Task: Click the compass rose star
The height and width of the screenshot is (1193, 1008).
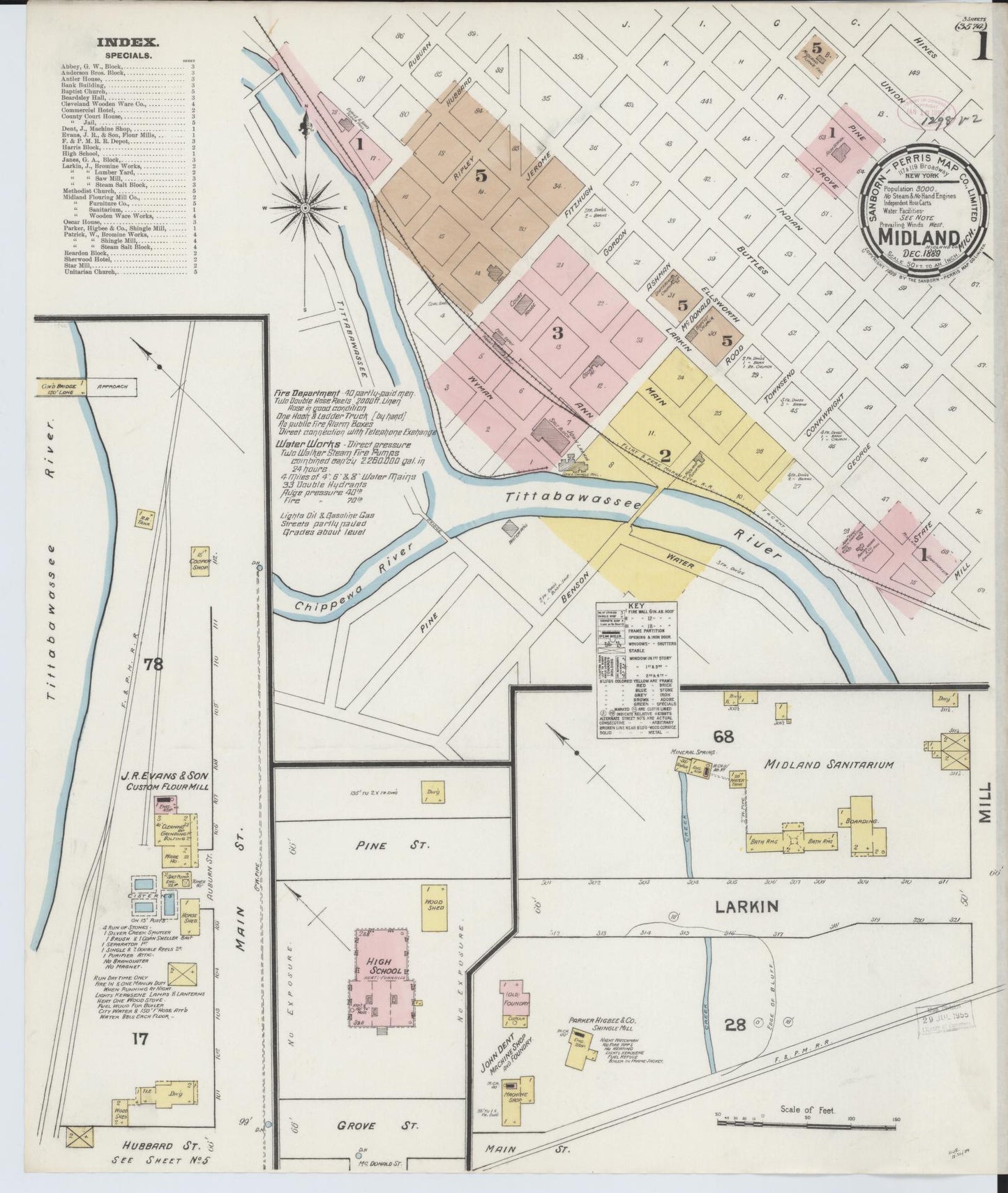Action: click(x=308, y=207)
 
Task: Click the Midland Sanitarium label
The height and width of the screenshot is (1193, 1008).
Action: click(x=829, y=765)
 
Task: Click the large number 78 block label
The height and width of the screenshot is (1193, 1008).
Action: click(x=153, y=664)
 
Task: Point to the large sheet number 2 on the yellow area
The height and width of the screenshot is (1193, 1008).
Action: click(x=665, y=456)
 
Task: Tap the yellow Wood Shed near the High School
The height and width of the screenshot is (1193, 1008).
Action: click(x=434, y=907)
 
